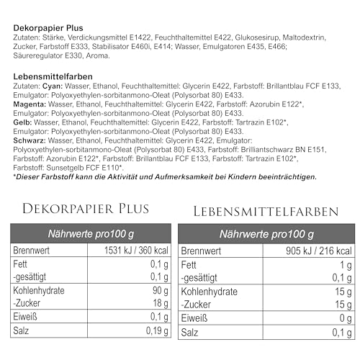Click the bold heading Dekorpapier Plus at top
[48, 27]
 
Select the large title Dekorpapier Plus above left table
[86, 209]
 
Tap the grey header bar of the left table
[92, 233]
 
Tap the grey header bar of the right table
[267, 233]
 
